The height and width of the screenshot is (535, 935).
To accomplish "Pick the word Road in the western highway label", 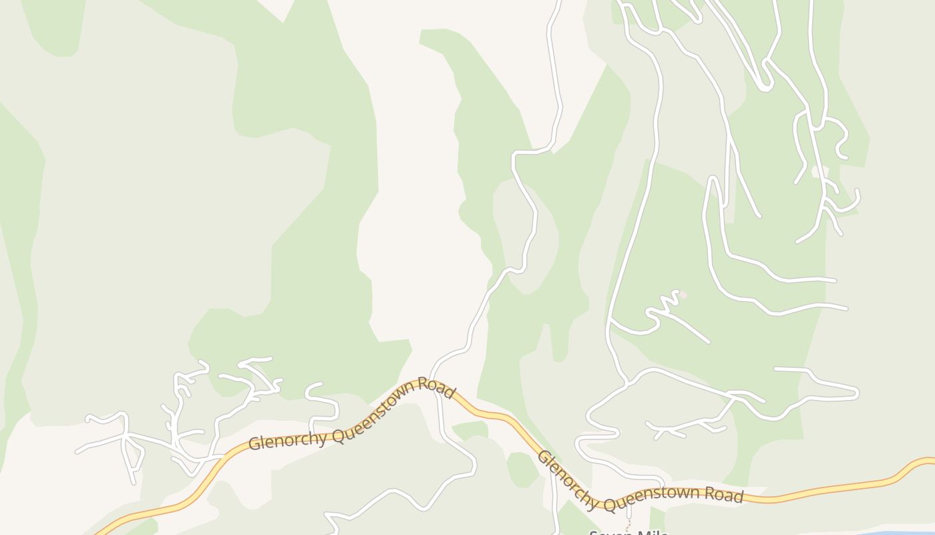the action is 437,388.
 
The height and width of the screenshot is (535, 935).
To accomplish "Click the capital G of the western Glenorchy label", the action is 254,443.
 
